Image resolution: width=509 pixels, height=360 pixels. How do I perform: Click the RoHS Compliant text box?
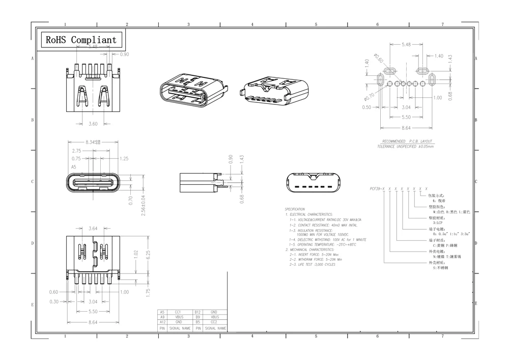(x=81, y=40)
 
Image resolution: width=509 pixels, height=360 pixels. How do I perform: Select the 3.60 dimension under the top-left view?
(x=93, y=124)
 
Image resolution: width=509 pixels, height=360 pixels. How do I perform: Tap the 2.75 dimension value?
(x=76, y=151)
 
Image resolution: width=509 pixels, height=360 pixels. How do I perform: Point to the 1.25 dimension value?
(x=124, y=159)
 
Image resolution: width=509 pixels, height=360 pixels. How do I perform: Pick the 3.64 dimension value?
(x=93, y=229)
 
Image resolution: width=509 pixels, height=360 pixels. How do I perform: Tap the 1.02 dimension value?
(x=135, y=254)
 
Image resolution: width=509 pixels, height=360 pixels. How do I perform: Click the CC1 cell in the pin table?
(x=178, y=312)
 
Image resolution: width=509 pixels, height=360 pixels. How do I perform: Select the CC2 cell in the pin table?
(x=214, y=322)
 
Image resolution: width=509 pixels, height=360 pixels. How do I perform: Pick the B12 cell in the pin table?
(x=197, y=312)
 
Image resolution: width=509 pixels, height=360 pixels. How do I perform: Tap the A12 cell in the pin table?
(x=162, y=322)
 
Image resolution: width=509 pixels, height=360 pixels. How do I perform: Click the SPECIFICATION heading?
(x=295, y=209)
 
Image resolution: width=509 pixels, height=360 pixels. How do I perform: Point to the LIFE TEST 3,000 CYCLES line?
(x=312, y=265)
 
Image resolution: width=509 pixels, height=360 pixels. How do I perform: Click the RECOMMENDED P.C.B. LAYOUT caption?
(x=407, y=141)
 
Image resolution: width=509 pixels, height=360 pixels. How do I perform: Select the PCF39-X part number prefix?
(x=377, y=188)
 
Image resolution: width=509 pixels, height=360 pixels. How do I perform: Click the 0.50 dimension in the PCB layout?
(x=366, y=107)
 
